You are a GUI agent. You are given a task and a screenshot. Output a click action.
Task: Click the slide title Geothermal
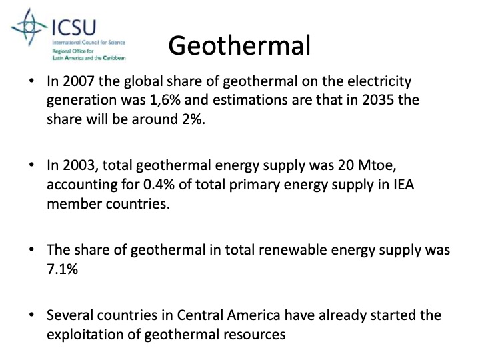[x=239, y=45]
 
